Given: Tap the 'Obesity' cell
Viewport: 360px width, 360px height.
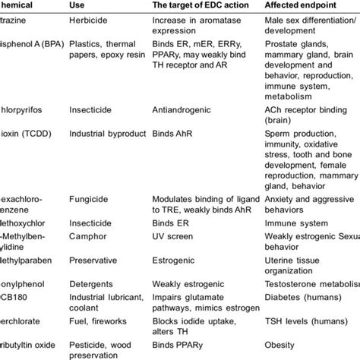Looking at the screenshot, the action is tap(286, 345).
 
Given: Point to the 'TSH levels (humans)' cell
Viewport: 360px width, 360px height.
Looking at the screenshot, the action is tap(309, 323).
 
